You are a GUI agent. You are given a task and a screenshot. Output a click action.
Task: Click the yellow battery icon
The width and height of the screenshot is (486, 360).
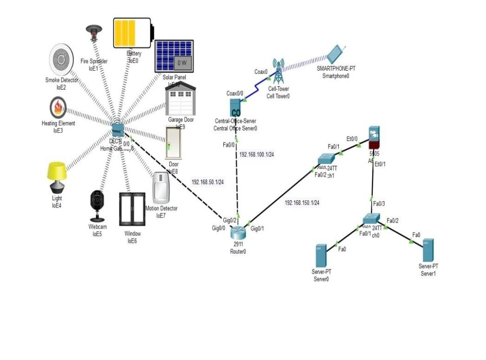133,33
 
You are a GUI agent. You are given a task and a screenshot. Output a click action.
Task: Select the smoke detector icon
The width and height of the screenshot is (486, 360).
61,59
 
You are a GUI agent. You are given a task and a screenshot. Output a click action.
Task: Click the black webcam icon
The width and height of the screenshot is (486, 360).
97,205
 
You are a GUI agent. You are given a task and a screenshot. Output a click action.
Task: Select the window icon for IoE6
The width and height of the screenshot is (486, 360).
132,209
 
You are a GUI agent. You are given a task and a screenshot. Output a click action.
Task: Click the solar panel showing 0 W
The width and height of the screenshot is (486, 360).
174,56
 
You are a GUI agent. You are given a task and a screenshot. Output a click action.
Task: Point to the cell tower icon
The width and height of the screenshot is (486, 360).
278,71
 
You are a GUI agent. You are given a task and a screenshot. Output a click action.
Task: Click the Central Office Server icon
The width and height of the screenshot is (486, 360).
236,108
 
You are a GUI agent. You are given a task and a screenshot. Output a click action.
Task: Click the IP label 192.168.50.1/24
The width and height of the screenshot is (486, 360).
208,182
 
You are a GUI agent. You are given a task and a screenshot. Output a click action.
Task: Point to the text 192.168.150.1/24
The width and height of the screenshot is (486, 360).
302,203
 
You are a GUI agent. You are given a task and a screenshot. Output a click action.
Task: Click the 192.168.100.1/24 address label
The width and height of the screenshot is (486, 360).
256,154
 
